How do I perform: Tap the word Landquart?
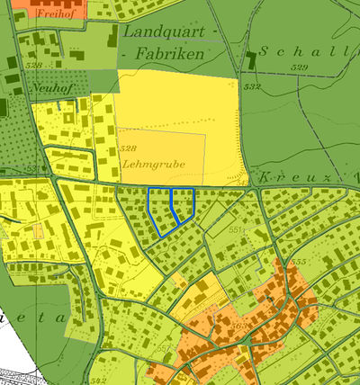coord(163,32)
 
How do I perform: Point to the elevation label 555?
coord(299,262)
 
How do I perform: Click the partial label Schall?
coord(301,50)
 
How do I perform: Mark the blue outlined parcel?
coord(171,210)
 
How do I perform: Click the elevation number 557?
coord(163,347)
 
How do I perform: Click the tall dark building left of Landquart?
coord(112,37)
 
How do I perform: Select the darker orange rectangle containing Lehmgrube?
coord(162,157)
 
